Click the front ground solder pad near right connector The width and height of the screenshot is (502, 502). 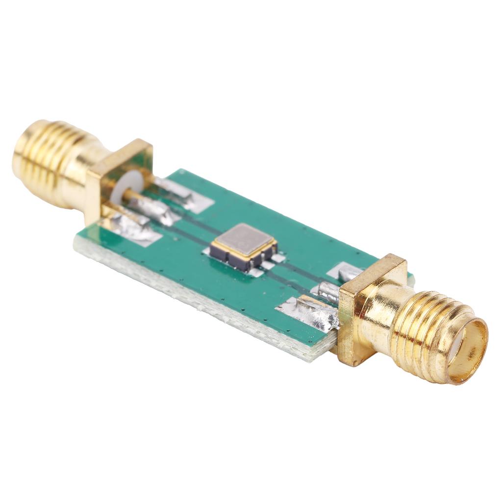pyautogui.click(x=307, y=312)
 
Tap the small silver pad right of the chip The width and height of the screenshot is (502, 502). pyautogui.click(x=278, y=257)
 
